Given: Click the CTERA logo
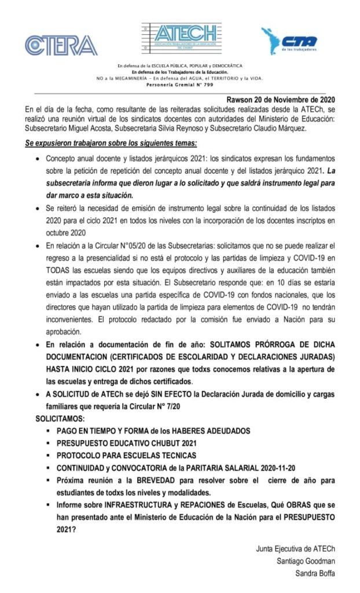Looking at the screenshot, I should [x=61, y=45].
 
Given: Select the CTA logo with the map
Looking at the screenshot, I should [x=289, y=42].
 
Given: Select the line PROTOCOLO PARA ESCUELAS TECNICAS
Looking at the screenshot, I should [x=126, y=455].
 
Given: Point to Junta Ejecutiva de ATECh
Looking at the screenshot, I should [x=295, y=547].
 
